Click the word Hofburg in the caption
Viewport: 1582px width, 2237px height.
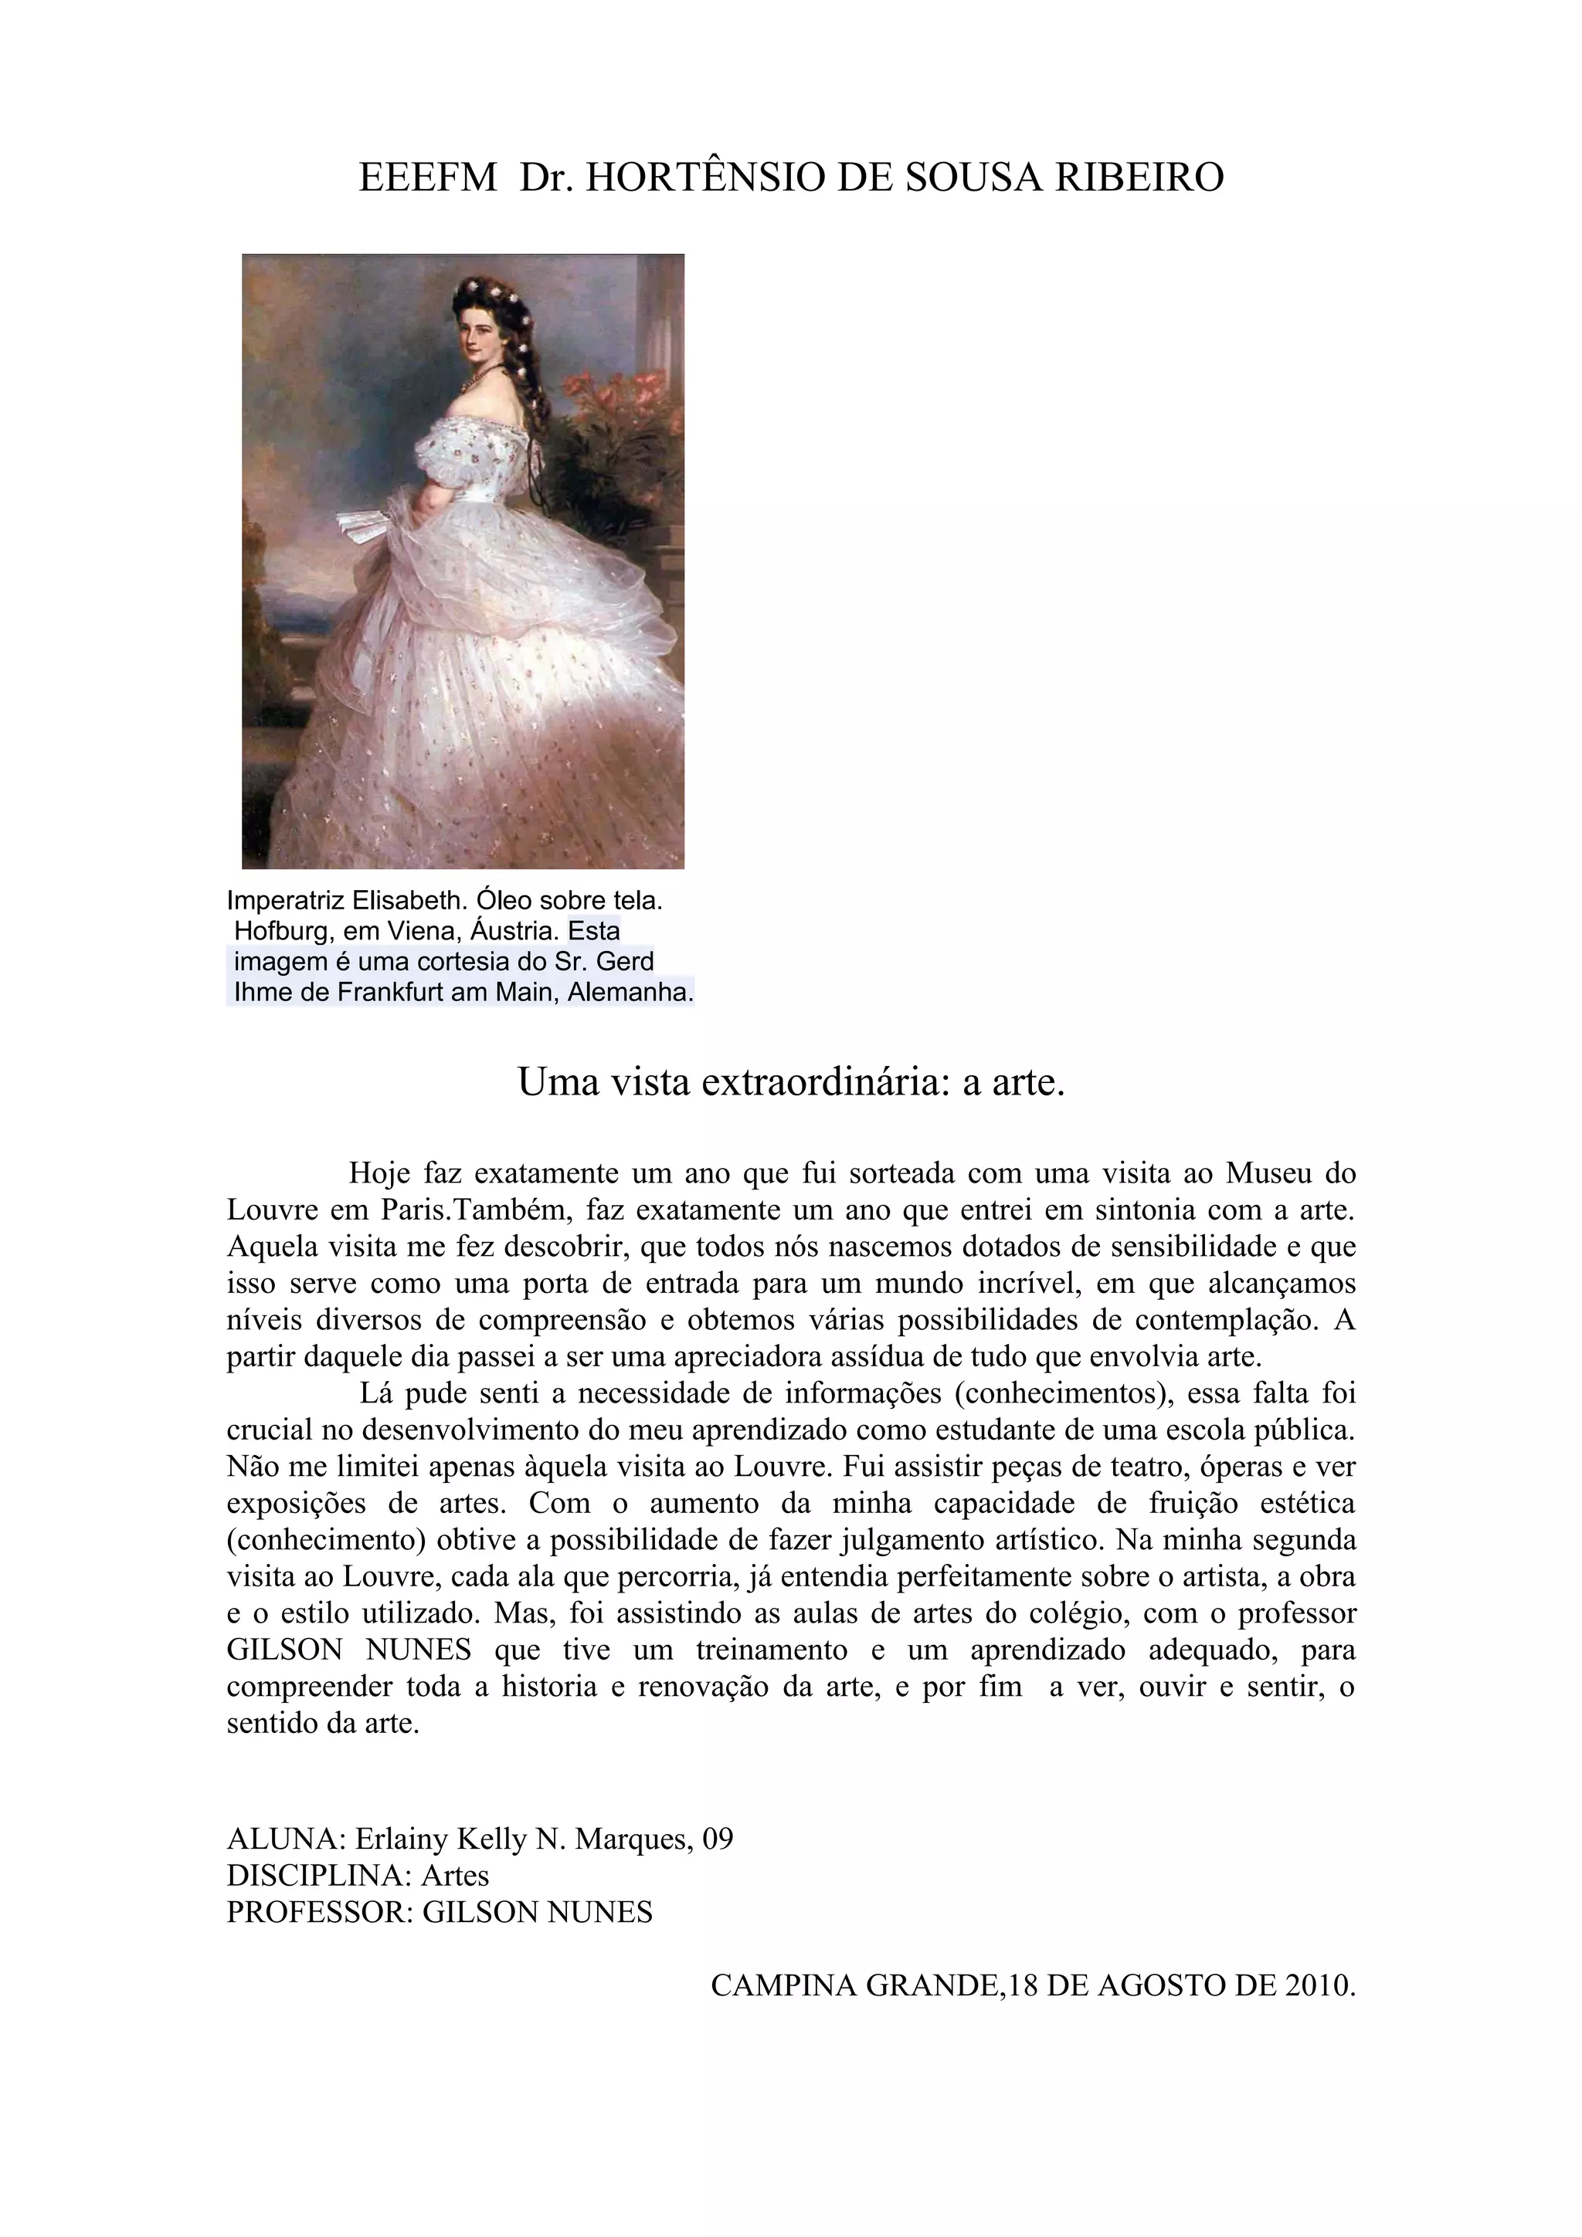pyautogui.click(x=282, y=930)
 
